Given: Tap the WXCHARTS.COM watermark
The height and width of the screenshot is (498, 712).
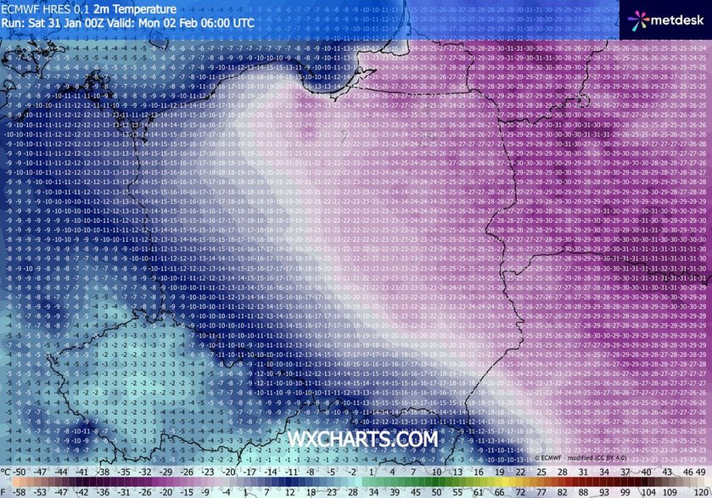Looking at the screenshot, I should click(x=363, y=439).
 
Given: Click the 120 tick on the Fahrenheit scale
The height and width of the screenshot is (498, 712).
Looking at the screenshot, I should click(x=699, y=491).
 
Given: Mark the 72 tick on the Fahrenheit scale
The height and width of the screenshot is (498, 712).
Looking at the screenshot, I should click(x=515, y=491).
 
